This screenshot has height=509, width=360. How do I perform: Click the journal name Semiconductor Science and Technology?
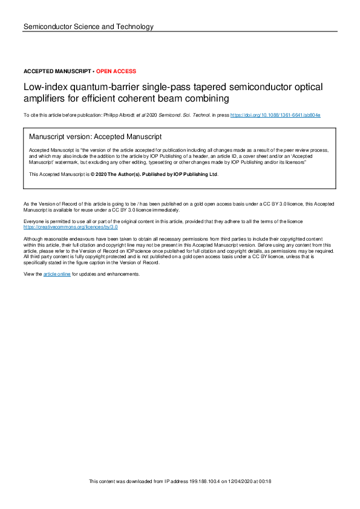88,27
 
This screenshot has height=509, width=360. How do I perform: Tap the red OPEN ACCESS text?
116,71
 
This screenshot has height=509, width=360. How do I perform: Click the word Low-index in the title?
42,88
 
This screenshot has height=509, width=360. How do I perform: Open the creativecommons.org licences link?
70,227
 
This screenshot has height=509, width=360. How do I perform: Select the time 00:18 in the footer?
264,481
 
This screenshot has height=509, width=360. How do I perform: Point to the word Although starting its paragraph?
34,239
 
